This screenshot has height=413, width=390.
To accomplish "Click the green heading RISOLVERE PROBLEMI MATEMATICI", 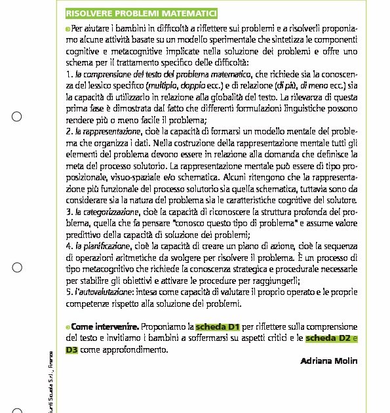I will tap(141, 14).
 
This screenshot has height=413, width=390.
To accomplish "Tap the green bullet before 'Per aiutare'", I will tap(68, 29).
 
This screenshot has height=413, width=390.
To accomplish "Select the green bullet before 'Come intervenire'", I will tap(68, 326).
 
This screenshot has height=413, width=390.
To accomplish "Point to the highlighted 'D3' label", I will tap(72, 350).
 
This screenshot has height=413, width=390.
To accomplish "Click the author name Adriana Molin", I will tap(328, 361).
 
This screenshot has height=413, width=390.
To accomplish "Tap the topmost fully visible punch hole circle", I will tap(18, 117).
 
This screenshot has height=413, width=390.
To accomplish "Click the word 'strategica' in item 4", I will tap(270, 269).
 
